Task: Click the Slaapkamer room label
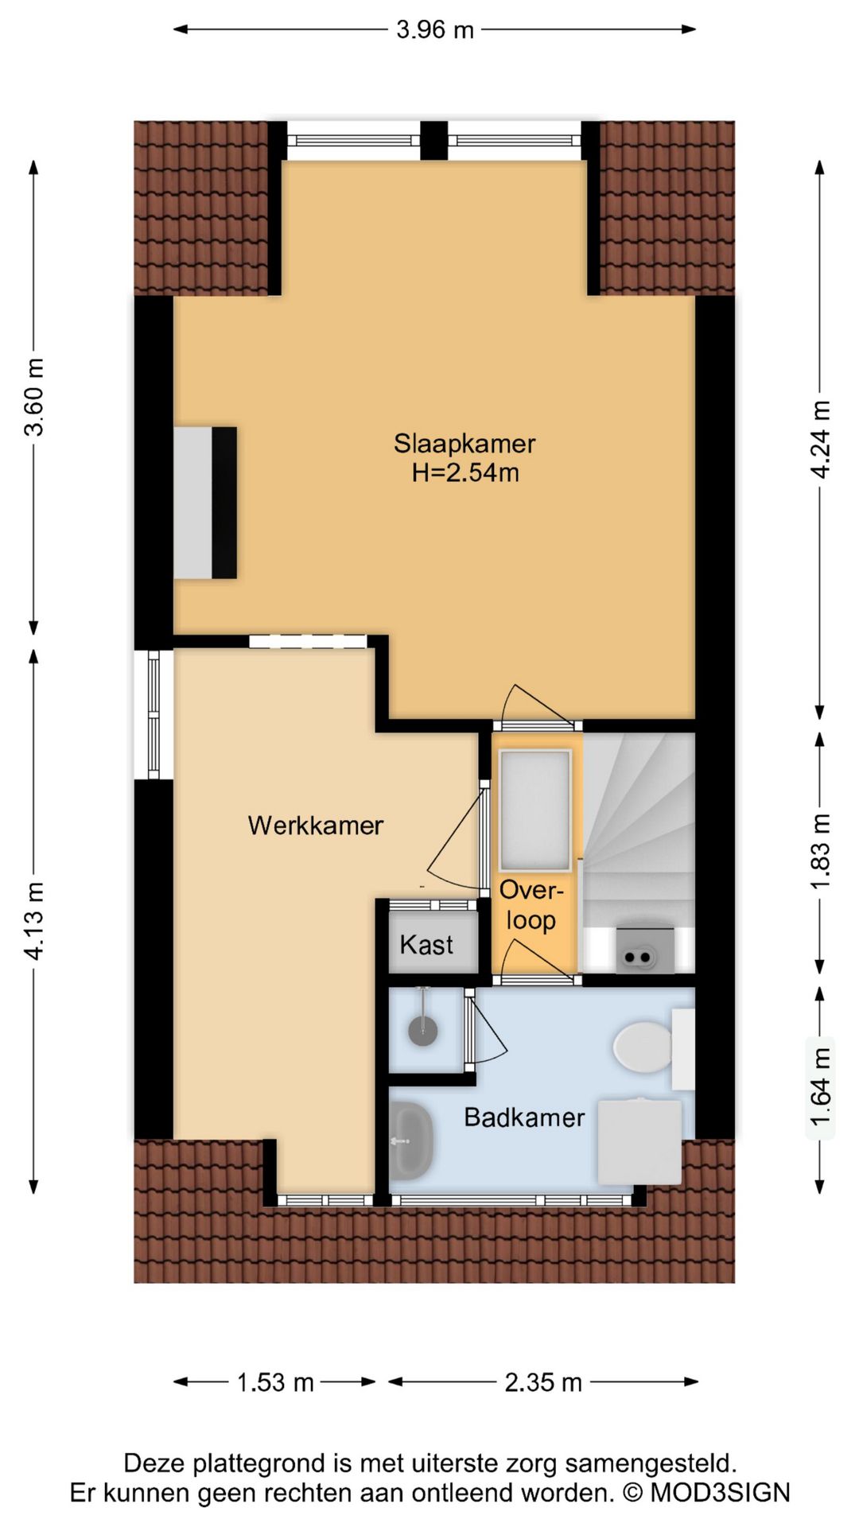[464, 443]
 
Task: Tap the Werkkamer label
[316, 826]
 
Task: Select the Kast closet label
[426, 945]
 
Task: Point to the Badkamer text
[524, 1117]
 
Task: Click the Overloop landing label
[531, 905]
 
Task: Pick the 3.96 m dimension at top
[435, 30]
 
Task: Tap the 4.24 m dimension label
[820, 439]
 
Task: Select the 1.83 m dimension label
[820, 853]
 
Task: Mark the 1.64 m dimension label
[820, 1087]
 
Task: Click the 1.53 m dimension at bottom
[275, 1382]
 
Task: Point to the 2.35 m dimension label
[543, 1382]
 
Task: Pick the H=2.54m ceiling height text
[465, 472]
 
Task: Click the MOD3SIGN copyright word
[720, 1493]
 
